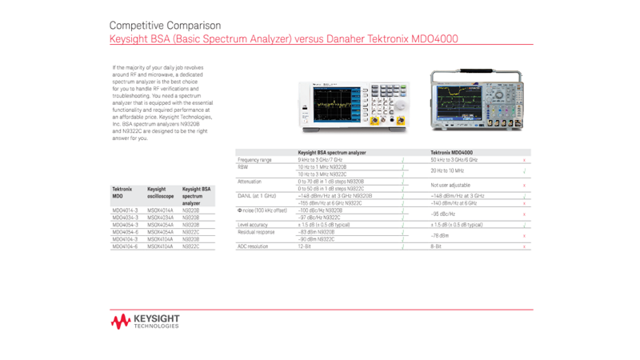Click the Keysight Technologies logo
pos(146,321)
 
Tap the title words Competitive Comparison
pos(165,26)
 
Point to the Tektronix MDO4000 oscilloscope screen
pos(462,99)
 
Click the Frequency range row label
pos(255,160)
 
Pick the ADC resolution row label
pos(254,246)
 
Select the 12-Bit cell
pos(304,246)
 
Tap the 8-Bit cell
pos(437,246)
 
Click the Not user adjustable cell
pos(450,185)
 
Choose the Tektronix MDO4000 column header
pos(451,152)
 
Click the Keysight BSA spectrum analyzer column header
pos(332,152)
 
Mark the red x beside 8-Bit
pos(524,246)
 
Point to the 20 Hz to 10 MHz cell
pos(447,170)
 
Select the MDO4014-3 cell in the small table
pos(125,210)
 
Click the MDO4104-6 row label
pos(125,246)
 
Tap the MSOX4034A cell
pos(160,218)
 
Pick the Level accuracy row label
pos(253,225)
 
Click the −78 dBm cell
pos(439,235)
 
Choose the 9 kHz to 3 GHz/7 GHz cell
pos(320,160)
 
